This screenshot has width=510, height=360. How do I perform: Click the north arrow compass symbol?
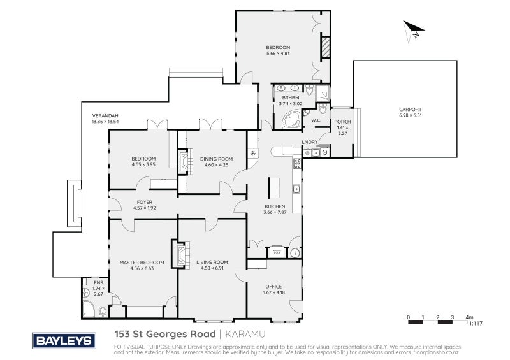pyautogui.click(x=412, y=31)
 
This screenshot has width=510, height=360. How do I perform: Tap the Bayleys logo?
pyautogui.click(x=64, y=341)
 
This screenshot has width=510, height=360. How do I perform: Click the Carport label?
pyautogui.click(x=410, y=109)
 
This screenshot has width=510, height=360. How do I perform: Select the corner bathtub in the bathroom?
pyautogui.click(x=292, y=119)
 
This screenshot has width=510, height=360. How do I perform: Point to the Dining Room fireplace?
pyautogui.click(x=185, y=161)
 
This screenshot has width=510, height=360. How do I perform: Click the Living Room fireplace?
pyautogui.click(x=181, y=255)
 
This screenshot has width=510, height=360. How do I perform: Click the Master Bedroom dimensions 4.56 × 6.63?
pyautogui.click(x=142, y=268)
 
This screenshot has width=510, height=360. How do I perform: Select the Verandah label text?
pyautogui.click(x=105, y=115)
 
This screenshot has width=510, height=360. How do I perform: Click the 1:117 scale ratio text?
pyautogui.click(x=476, y=323)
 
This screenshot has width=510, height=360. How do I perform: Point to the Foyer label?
pyautogui.click(x=145, y=202)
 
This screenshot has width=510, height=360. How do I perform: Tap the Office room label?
pyautogui.click(x=273, y=287)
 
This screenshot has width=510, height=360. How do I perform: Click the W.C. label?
pyautogui.click(x=316, y=120)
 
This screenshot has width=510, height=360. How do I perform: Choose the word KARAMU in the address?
pyautogui.click(x=245, y=334)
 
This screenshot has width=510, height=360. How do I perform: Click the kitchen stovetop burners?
pyautogui.click(x=297, y=163)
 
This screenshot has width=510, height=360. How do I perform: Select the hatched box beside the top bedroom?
pyautogui.click(x=326, y=48)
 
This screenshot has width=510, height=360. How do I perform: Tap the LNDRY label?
pyautogui.click(x=310, y=142)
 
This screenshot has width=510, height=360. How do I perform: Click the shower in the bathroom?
pyautogui.click(x=323, y=94)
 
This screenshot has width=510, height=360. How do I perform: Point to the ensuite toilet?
pyautogui.click(x=103, y=312)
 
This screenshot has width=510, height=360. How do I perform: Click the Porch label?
pyautogui.click(x=342, y=122)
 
